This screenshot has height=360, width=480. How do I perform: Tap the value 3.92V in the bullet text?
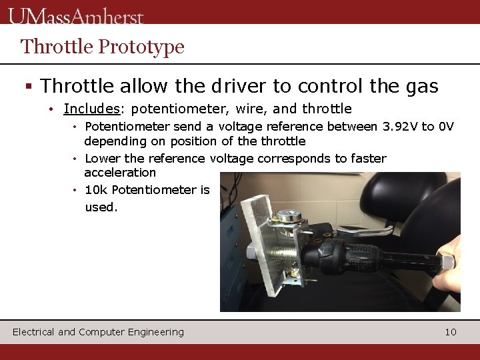point(399,127)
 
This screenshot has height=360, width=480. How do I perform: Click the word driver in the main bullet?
point(236,86)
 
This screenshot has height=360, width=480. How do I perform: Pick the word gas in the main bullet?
point(422,86)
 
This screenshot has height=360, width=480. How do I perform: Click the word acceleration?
point(120,173)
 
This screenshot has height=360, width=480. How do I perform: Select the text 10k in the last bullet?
point(96,190)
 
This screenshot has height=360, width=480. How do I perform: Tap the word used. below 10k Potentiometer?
point(101,207)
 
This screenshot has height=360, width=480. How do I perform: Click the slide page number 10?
point(451,332)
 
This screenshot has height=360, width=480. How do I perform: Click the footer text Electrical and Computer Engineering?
point(98,332)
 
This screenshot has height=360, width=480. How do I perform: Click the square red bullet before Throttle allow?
point(28,87)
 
